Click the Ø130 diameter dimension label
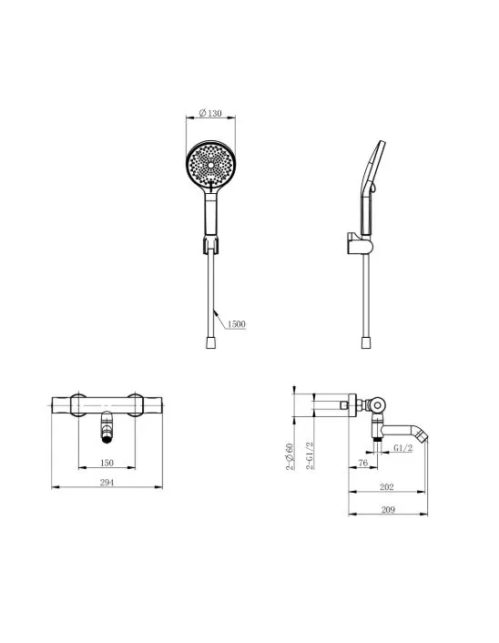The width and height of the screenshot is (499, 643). (x=210, y=113)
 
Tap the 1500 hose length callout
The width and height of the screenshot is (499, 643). (x=236, y=324)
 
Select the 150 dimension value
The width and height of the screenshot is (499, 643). (x=107, y=463)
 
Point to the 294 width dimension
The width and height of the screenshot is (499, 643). (x=107, y=483)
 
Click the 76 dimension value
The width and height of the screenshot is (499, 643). (x=363, y=463)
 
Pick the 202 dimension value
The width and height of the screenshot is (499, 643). (x=387, y=486)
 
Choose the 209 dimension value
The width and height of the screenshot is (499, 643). (x=388, y=510)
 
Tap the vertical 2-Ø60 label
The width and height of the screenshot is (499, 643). (x=290, y=456)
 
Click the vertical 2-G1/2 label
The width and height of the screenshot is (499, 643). (x=310, y=455)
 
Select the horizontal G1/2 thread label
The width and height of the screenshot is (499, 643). (x=402, y=448)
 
